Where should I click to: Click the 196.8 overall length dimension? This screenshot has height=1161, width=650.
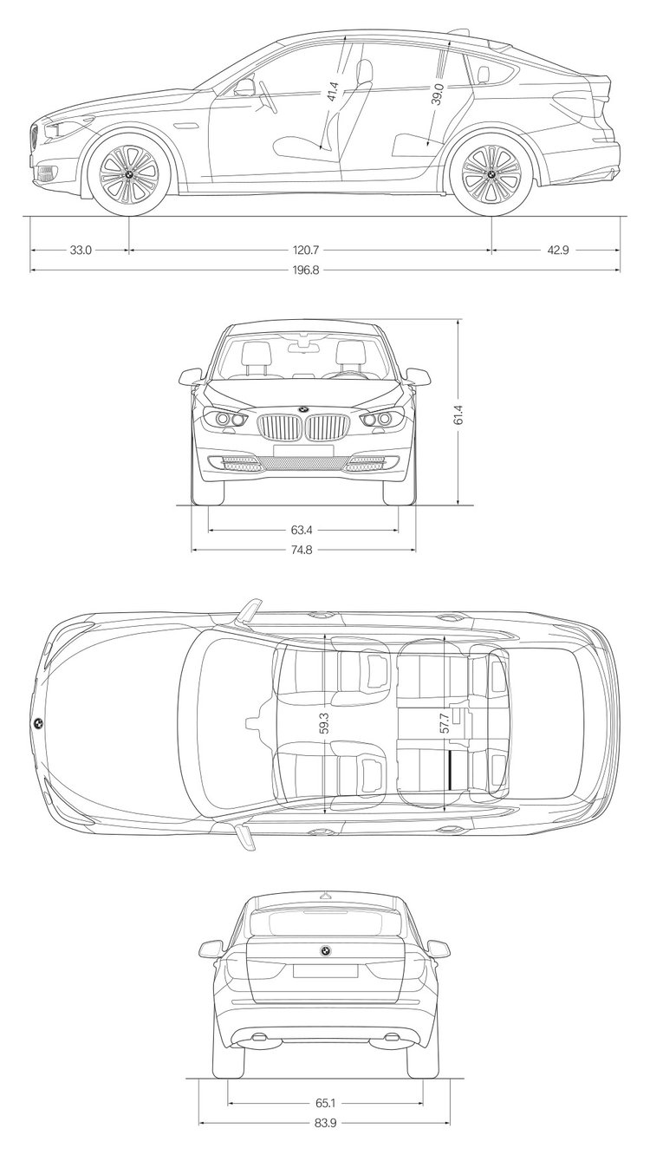point(306,270)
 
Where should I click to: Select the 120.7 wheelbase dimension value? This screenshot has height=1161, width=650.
point(306,251)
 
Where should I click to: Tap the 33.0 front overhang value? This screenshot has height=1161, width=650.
point(81,251)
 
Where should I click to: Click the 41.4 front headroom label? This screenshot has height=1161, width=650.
point(333,91)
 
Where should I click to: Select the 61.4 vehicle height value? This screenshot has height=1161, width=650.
point(458,414)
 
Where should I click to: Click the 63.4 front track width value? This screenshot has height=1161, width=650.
point(302,531)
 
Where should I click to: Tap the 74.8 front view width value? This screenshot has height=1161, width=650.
point(302,550)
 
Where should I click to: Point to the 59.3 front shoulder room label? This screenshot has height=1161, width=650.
point(324,722)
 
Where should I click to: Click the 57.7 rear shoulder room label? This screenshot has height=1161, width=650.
point(445,722)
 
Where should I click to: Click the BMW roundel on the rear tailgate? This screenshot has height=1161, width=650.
point(325,950)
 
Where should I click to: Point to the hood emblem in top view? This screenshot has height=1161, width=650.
point(38,724)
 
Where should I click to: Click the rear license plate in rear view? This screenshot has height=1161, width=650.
point(325,971)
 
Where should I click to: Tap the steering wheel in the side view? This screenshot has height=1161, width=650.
point(267,97)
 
